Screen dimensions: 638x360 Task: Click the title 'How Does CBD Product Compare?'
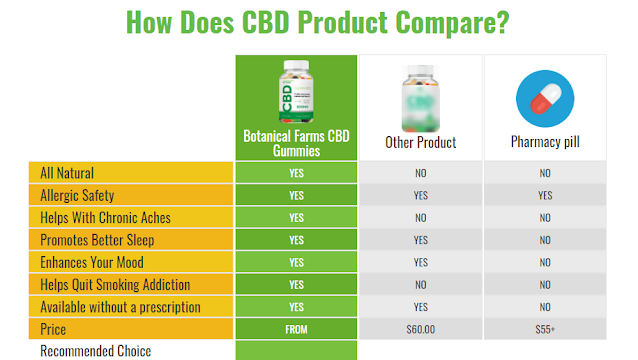[317, 22]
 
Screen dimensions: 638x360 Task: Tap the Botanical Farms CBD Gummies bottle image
[296, 92]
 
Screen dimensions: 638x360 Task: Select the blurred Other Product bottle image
[421, 98]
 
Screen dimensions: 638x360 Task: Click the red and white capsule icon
[545, 98]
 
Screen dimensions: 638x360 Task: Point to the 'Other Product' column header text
[421, 143]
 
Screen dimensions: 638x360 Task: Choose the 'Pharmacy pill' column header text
[545, 142]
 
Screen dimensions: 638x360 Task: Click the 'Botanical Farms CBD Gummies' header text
[296, 144]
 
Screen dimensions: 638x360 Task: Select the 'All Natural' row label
[67, 173]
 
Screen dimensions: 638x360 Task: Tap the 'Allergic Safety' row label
[77, 196]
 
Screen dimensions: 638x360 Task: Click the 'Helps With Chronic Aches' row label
[105, 218]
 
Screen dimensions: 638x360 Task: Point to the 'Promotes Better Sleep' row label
[97, 240]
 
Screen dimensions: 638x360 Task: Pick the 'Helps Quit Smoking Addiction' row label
[115, 285]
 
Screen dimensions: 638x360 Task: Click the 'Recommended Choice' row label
[96, 351]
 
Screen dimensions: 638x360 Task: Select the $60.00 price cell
[421, 329]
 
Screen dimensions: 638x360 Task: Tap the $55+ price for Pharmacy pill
[545, 329]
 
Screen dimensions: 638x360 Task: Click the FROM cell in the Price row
[296, 329]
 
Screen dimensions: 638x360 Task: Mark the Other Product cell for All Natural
[421, 173]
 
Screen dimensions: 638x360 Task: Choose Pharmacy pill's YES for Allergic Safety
[545, 196]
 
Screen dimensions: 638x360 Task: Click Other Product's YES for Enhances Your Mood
[421, 262]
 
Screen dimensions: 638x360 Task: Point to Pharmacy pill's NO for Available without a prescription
[545, 307]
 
